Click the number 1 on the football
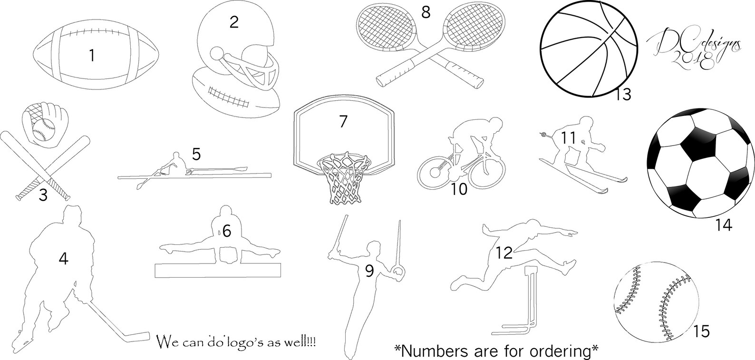(x=92, y=55)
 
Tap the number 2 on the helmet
(x=234, y=22)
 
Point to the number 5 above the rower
(x=196, y=154)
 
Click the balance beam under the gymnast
(x=218, y=270)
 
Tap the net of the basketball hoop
(x=344, y=179)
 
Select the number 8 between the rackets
(x=426, y=12)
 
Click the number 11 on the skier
(x=569, y=138)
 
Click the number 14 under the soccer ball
(x=724, y=225)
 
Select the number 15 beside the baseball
(x=701, y=331)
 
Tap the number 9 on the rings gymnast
(x=369, y=271)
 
